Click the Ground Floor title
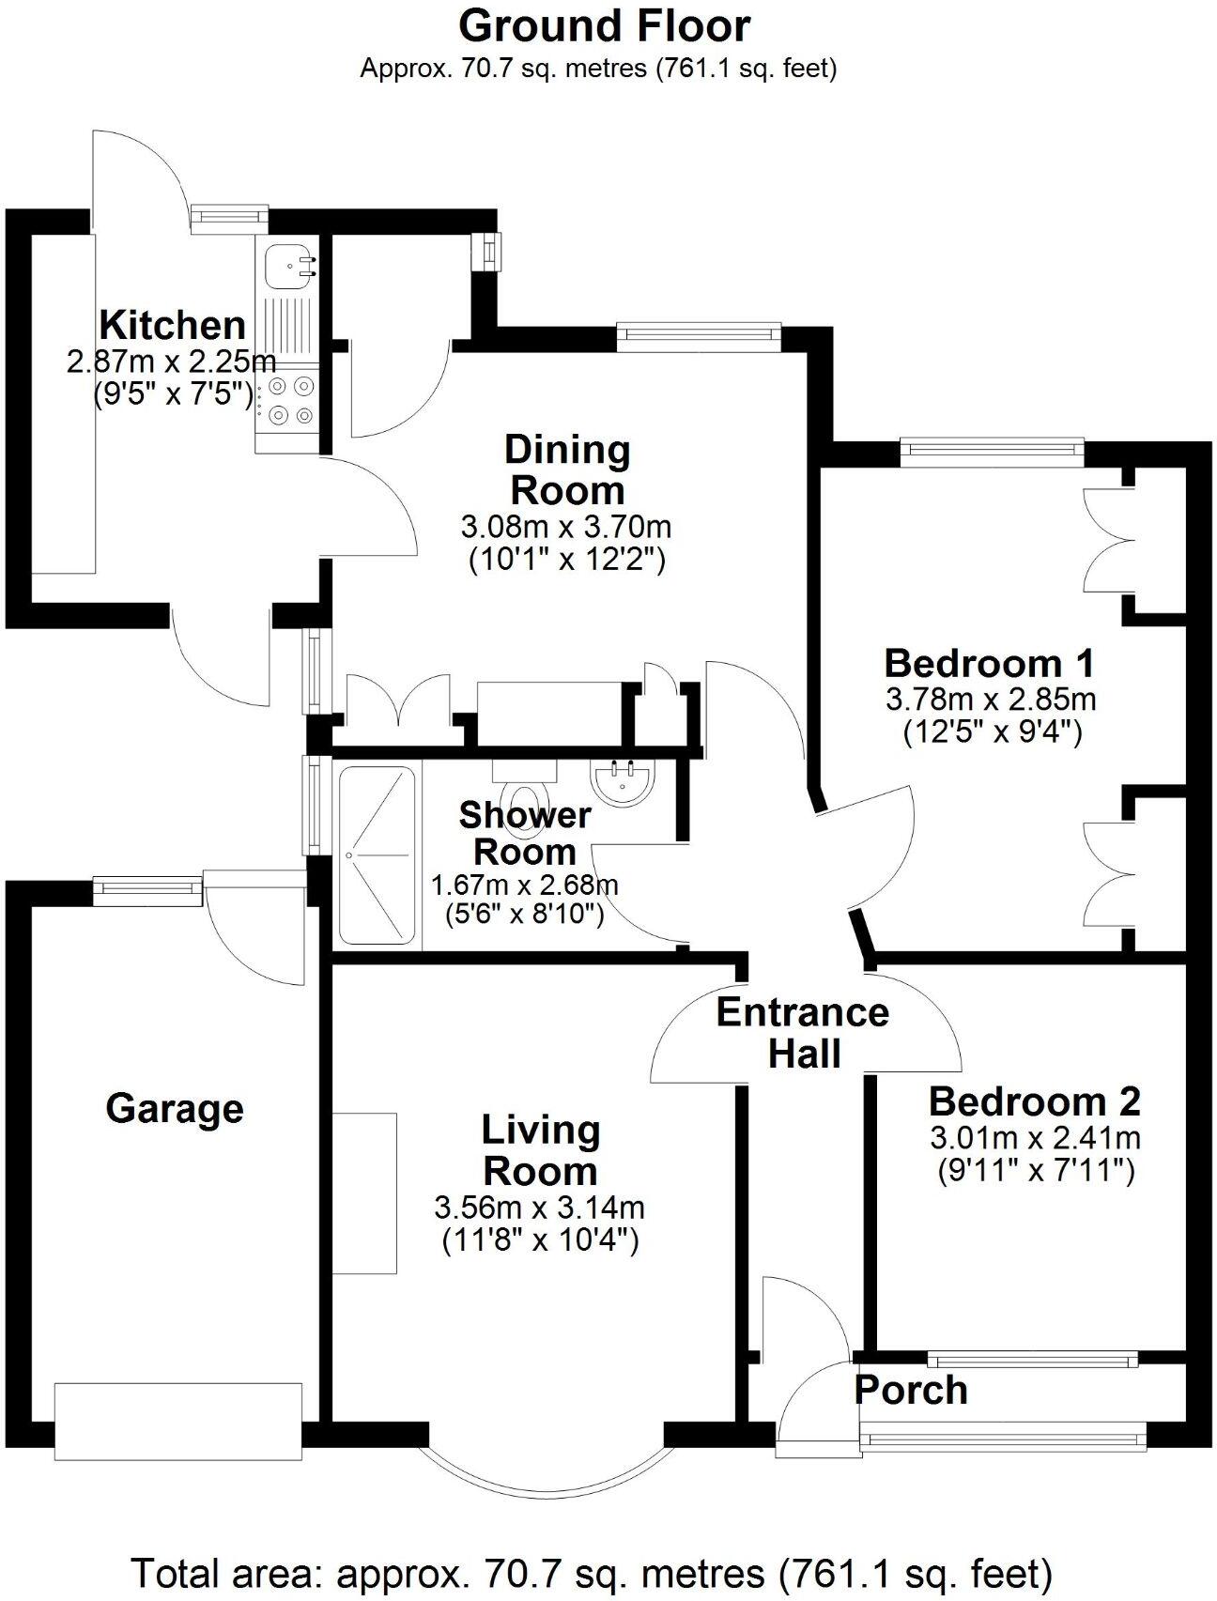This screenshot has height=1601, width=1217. point(604,25)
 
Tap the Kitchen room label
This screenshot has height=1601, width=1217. point(172,325)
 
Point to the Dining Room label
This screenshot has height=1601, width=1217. point(566,470)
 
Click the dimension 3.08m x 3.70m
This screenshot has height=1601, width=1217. point(566,525)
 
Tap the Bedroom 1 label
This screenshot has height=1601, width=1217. point(990,663)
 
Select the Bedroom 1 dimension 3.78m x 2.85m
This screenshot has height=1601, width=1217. point(991,699)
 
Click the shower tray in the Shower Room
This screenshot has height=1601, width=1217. point(376,855)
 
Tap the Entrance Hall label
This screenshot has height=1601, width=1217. point(803,1032)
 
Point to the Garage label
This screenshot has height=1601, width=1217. point(175,1108)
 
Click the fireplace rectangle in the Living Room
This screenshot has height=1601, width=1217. point(363,1193)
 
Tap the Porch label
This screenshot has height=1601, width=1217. point(910,1390)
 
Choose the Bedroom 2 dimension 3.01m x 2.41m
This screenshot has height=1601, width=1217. point(1035,1138)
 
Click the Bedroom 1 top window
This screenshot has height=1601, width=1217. point(992,452)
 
